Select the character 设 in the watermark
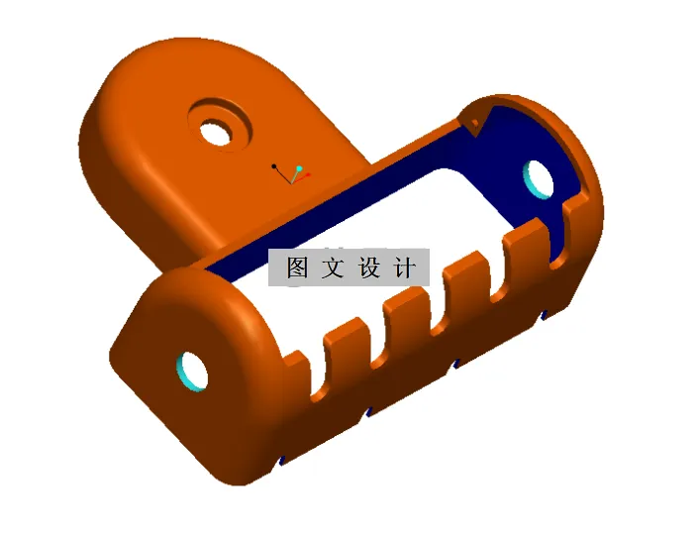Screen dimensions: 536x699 click(x=369, y=268)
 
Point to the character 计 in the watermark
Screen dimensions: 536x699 click(x=405, y=268)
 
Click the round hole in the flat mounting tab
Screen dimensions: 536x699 click(x=215, y=129)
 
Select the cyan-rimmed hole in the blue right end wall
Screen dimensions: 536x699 click(x=540, y=175)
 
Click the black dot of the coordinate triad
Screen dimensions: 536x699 click(x=275, y=165)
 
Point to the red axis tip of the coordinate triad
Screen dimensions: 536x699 click(x=309, y=175)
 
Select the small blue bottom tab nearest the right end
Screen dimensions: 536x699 click(x=544, y=316)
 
